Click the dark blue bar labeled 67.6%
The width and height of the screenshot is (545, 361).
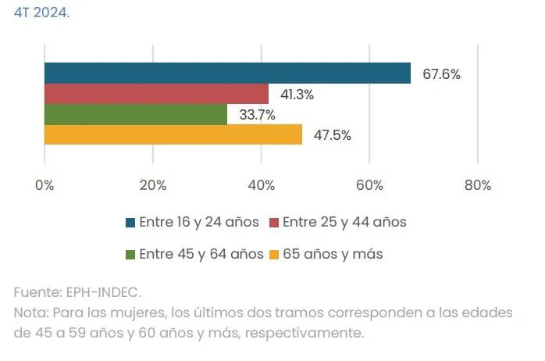tap(227, 73)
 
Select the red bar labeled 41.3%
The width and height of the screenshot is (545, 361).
tap(156, 94)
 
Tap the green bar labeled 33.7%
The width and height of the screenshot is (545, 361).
tap(136, 114)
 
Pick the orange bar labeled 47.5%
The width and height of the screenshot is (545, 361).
tap(173, 134)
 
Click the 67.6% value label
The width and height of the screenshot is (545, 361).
tap(441, 75)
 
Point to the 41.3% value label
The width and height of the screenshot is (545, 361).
tap(297, 95)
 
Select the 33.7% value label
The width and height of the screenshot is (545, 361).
tap(256, 115)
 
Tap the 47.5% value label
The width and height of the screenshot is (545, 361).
tap(332, 135)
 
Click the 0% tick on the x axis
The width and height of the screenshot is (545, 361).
tap(45, 185)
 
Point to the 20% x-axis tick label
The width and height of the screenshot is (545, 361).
tap(152, 185)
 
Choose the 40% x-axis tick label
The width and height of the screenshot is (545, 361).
tap(261, 185)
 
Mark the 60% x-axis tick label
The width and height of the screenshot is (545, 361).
tap(369, 185)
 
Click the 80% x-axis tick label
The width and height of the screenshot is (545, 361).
tap(477, 185)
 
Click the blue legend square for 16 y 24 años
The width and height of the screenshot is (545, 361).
tap(130, 223)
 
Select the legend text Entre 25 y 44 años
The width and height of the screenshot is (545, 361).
tap(344, 222)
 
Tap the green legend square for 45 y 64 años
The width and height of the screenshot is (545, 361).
tap(130, 255)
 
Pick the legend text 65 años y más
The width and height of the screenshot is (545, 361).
tap(333, 254)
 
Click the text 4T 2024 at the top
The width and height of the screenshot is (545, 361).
tap(41, 13)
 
